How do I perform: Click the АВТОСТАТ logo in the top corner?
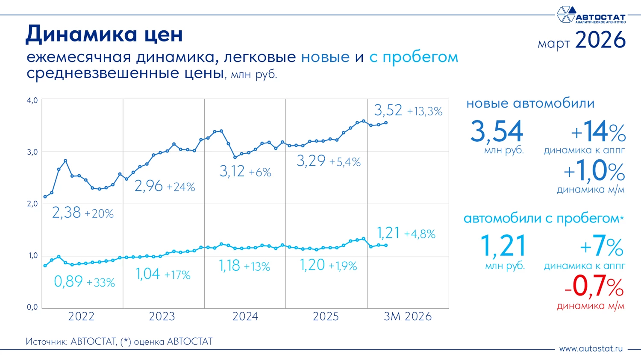click(591, 15)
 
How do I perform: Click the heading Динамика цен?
click(104, 34)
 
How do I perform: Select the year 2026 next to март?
click(600, 40)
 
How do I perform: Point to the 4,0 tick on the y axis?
click(32, 100)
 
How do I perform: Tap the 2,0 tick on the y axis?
click(32, 204)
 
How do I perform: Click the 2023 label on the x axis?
click(162, 316)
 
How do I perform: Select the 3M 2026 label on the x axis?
click(408, 316)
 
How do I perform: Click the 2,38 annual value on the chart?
click(66, 213)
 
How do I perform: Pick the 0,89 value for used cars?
click(68, 281)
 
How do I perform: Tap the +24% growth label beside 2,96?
click(181, 187)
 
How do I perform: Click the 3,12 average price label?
click(232, 172)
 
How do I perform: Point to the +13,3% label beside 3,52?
click(424, 111)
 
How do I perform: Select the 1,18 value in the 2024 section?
click(229, 266)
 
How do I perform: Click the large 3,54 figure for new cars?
click(497, 131)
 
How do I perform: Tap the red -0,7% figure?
click(594, 286)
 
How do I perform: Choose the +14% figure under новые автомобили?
click(598, 132)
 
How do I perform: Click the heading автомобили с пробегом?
click(543, 219)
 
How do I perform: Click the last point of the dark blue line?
click(386, 123)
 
